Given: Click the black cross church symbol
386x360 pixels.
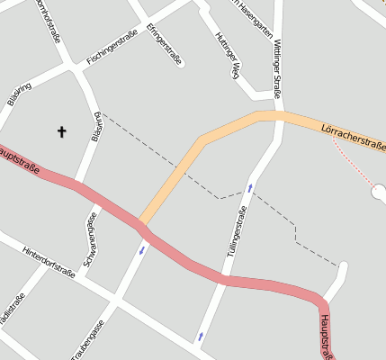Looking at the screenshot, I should point(62,132).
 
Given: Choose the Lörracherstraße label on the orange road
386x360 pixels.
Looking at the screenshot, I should point(353,137).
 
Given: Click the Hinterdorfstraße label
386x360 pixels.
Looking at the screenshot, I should point(49,261).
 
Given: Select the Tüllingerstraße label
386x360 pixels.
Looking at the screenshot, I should point(237,232).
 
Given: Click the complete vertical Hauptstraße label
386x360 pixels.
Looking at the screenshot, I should point(327,337).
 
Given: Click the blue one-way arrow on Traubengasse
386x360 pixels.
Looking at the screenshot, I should point(141,249).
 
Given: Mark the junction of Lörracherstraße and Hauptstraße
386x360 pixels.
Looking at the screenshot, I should point(141,221).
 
